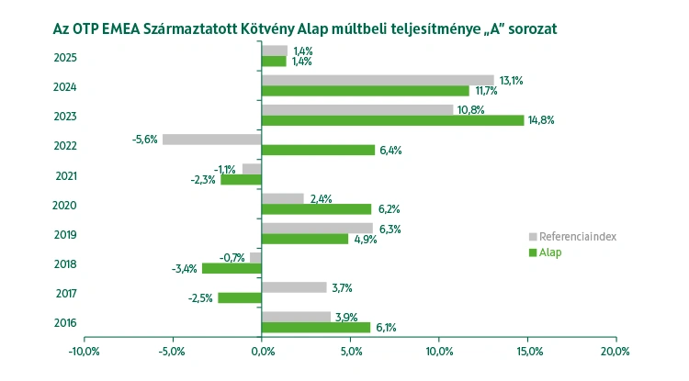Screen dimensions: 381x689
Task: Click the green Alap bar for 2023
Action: tap(392, 120)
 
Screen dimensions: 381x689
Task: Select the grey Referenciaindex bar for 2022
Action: tap(211, 140)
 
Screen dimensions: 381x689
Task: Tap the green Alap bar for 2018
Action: tap(232, 268)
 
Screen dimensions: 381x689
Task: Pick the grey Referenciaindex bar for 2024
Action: tap(378, 81)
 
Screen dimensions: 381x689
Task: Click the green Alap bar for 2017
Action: tap(239, 297)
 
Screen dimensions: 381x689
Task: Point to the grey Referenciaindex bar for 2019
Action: tap(317, 229)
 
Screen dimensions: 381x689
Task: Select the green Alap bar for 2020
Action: tap(316, 209)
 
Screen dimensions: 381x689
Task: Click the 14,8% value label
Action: tap(543, 120)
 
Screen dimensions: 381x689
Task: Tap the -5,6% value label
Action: tap(145, 140)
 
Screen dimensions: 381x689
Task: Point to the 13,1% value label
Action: tap(511, 81)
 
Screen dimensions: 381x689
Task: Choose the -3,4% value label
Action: tap(184, 268)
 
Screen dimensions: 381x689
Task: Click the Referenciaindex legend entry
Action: tap(577, 237)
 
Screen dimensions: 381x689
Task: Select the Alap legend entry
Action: tap(551, 252)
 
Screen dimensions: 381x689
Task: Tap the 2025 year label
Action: tap(65, 58)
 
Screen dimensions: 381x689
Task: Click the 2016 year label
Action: tap(65, 322)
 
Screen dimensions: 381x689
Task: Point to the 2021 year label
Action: tap(65, 175)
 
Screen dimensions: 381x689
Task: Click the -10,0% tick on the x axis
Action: tap(84, 351)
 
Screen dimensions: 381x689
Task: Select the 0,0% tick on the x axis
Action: tap(262, 351)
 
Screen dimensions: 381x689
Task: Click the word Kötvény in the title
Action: tap(280, 28)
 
